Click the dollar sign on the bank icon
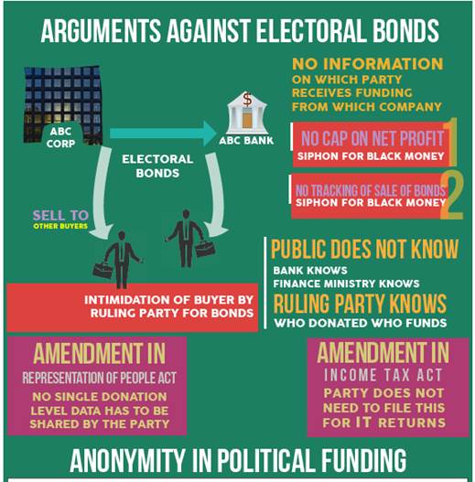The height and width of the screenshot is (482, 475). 247,100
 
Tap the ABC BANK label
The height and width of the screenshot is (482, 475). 246,141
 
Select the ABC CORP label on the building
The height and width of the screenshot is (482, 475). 60,137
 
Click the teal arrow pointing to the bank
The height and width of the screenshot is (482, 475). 163,134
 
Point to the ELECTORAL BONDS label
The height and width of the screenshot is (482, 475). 157,166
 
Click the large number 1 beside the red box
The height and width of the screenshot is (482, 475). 451,142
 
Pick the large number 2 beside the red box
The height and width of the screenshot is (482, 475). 452,196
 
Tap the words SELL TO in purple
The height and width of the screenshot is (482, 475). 60,215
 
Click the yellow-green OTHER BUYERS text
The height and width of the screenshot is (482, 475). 60,226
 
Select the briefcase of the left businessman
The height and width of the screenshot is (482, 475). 103,270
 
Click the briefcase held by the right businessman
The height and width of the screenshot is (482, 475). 205,249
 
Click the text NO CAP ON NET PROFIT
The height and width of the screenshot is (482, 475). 372,138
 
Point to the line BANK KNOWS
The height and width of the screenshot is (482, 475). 310,271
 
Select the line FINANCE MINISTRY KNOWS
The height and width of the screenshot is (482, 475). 346,284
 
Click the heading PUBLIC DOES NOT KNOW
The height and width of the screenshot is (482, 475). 364,249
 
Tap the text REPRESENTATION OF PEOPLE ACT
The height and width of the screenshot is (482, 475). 100,378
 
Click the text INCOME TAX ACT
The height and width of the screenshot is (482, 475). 383,375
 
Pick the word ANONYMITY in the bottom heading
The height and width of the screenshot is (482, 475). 126,460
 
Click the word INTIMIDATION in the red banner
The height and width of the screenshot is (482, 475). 126,300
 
